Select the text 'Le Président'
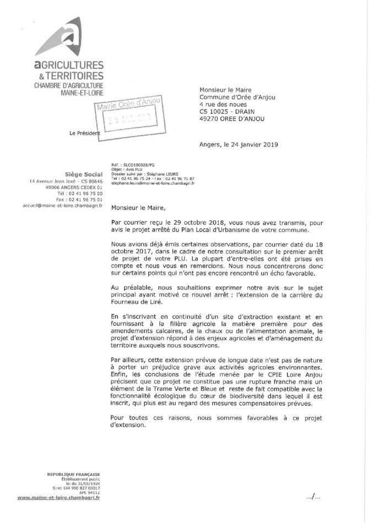click(85, 133)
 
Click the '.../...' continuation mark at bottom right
click(312, 497)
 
